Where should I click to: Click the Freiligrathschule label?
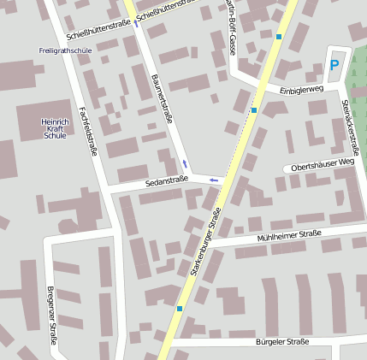point(66,50)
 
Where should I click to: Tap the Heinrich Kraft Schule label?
point(55,128)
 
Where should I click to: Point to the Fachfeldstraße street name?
point(86,128)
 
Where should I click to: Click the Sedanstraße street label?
point(166,181)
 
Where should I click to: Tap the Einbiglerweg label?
point(300,89)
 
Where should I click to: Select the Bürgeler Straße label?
point(281,341)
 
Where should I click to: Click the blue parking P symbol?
point(334,64)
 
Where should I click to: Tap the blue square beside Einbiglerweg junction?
point(254,109)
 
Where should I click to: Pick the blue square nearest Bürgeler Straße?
point(180,308)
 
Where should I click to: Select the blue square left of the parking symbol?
point(279,37)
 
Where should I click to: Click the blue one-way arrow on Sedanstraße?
point(212,180)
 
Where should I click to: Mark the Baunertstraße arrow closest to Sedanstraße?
point(185,162)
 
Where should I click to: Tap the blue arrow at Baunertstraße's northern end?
point(135,23)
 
